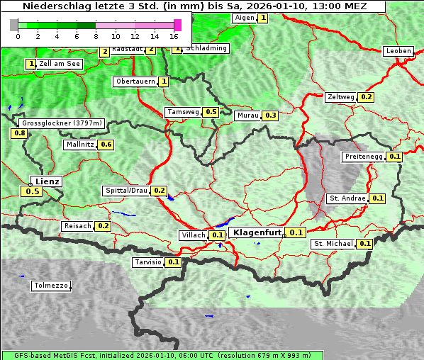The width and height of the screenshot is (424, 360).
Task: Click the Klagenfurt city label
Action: (257, 232)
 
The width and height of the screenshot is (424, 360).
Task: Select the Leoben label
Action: (398, 51)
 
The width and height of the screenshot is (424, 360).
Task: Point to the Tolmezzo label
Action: (51, 286)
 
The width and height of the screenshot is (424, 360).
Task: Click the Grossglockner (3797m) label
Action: (62, 123)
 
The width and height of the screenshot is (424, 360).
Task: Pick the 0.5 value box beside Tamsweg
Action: (211, 112)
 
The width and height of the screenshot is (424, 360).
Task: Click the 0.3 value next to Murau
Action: (270, 116)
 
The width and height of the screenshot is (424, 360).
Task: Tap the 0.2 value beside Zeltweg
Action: (367, 97)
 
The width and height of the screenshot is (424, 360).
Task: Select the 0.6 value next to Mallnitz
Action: (106, 145)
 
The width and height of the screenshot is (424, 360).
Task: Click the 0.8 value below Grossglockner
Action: (19, 133)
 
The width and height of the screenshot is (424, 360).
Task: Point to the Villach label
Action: (193, 235)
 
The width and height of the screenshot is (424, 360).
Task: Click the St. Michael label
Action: (333, 244)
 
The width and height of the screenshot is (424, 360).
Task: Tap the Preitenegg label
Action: (363, 157)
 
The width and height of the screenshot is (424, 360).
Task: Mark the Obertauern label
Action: (135, 81)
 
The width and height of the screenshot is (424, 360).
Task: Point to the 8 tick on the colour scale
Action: (96, 35)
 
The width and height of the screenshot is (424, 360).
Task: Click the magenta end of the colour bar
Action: (177, 25)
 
